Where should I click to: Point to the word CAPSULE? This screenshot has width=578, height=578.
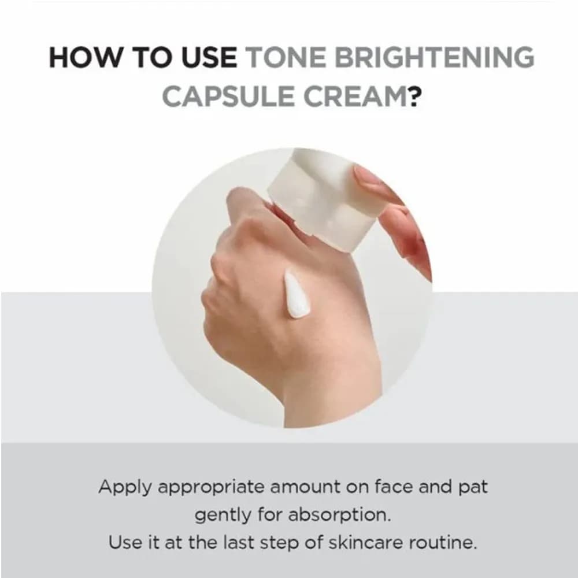tap(228, 96)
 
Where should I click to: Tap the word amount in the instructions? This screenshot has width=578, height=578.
tap(305, 487)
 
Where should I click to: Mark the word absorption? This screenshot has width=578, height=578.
tap(339, 516)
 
